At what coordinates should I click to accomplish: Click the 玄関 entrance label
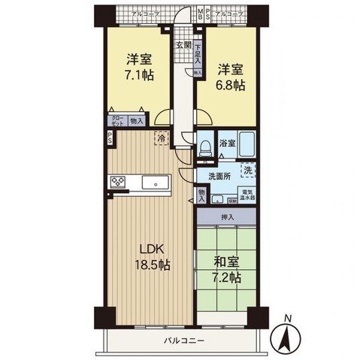183,44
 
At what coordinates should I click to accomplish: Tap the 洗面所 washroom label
222,178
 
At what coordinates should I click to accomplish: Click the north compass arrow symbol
286,334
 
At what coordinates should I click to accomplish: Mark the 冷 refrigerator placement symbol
162,138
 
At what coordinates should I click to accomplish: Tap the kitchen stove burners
119,181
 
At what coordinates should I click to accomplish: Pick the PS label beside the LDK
110,138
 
